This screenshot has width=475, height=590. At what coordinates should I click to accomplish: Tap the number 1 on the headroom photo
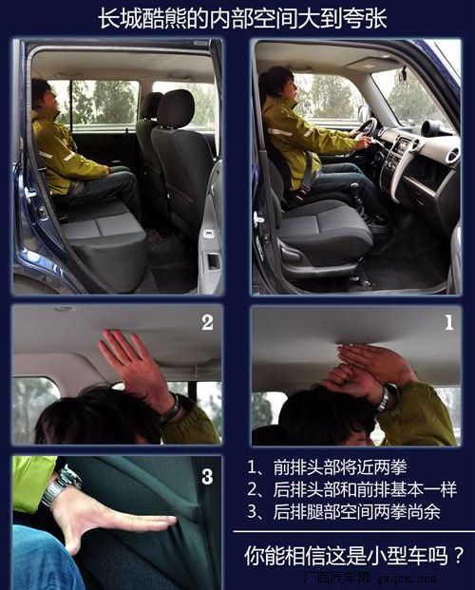448,322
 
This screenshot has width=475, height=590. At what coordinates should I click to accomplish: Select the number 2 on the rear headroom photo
207,322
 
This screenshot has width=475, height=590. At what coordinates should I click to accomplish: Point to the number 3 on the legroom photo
207,476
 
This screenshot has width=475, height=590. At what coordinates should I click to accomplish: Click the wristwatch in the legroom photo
60,486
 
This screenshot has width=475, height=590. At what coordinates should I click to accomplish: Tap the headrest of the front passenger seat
175,107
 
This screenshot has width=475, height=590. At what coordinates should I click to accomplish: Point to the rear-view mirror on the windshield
403,73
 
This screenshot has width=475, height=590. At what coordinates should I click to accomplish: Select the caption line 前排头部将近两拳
327,467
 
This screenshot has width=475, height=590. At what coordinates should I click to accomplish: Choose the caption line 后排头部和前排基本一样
351,489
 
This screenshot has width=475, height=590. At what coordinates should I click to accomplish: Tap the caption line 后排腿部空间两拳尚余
343,511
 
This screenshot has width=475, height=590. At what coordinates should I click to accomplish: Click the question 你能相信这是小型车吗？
353,555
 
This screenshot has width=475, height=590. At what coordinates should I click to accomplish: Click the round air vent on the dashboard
433,128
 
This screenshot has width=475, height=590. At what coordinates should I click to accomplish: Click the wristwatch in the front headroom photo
384,399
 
